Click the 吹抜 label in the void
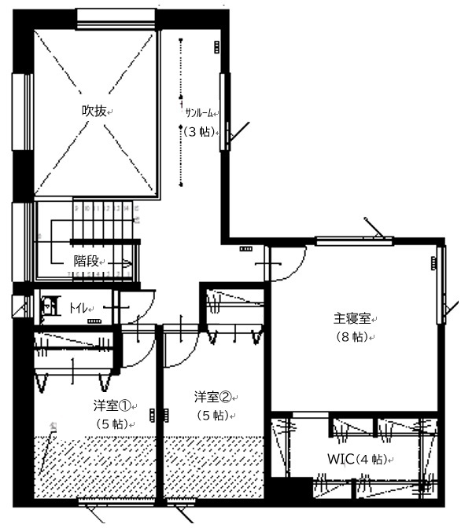click(x=94, y=111)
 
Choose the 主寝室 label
click(x=352, y=319)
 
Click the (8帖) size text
click(x=352, y=336)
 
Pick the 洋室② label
click(x=214, y=397)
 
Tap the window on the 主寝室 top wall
click(x=353, y=240)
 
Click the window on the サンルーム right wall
click(x=227, y=110)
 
